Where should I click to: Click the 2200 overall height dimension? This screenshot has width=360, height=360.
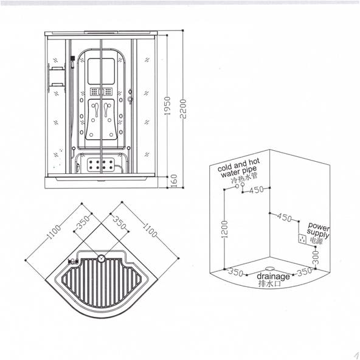click(183, 109)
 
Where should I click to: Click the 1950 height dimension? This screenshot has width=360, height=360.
click(167, 106)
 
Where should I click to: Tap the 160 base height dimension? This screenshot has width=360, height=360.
click(175, 181)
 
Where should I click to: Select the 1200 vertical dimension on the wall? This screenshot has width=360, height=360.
click(225, 229)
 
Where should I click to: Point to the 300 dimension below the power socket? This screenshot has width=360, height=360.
click(316, 257)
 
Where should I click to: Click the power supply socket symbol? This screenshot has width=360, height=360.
click(303, 239)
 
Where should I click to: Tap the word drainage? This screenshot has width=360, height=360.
click(273, 277)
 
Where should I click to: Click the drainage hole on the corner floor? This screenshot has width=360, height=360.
click(270, 269)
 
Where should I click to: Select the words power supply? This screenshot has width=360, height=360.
click(319, 230)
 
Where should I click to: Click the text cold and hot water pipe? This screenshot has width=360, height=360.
click(238, 168)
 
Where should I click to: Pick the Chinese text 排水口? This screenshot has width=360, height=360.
click(269, 284)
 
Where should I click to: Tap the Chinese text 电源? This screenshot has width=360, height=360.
click(316, 241)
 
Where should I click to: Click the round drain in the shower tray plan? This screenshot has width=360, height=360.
click(101, 258)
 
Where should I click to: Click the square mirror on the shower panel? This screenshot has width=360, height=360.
click(101, 71)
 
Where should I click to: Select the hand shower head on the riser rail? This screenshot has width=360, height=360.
click(72, 60)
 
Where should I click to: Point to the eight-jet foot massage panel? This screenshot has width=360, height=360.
click(100, 165)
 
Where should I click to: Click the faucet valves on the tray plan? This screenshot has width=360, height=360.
click(73, 261)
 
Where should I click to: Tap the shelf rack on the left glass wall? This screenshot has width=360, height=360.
click(57, 77)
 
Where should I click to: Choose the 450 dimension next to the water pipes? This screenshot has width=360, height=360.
click(256, 190)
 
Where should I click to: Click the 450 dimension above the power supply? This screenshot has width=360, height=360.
click(284, 217)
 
